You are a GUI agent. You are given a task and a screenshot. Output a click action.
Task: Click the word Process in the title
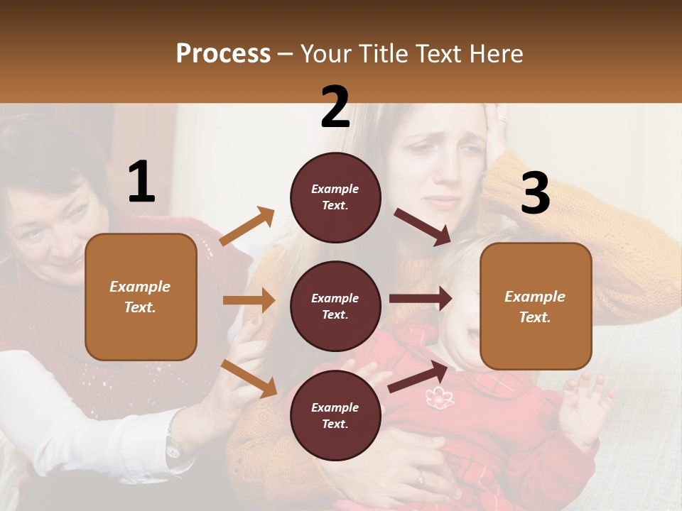[223, 54]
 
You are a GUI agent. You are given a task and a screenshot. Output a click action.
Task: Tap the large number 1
[141, 182]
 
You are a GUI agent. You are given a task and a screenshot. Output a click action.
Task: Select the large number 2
[335, 107]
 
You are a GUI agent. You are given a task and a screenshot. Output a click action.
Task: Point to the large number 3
[535, 194]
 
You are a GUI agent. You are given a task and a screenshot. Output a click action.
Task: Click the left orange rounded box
[141, 297]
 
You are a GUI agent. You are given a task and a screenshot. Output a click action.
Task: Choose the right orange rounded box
[536, 307]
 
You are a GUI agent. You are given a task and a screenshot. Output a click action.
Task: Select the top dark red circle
[335, 197]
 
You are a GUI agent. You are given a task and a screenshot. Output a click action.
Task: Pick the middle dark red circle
[335, 307]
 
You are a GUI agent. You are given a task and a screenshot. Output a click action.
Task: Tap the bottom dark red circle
[335, 415]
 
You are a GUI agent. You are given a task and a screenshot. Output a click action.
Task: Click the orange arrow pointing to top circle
[247, 226]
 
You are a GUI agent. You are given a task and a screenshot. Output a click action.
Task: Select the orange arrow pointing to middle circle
[249, 300]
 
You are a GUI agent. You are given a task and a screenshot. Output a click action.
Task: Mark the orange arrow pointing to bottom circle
[249, 378]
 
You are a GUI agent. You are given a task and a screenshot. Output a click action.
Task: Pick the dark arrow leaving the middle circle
[420, 299]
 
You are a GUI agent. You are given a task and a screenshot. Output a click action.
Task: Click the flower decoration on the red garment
[439, 397]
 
